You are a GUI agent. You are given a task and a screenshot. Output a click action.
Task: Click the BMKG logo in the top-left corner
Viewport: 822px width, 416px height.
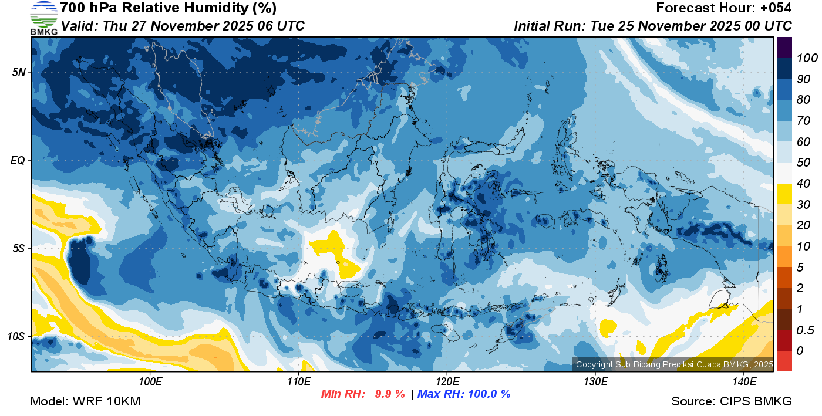[43, 18]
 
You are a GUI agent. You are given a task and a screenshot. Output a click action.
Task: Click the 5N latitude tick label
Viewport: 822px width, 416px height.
[18, 72]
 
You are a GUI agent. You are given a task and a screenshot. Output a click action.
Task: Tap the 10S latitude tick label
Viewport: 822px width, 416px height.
[16, 337]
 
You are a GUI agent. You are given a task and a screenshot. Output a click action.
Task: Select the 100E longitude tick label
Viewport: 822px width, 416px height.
[150, 383]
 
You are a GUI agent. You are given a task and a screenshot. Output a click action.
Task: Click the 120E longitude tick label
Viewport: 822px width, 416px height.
[447, 383]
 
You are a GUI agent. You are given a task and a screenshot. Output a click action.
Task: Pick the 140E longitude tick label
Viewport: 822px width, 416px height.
[744, 383]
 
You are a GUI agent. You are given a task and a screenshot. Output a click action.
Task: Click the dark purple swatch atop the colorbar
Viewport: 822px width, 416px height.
[784, 47]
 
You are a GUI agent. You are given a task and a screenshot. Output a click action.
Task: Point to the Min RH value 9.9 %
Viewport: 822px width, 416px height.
[390, 394]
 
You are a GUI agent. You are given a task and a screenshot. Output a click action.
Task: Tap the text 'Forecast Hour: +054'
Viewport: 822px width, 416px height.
[723, 8]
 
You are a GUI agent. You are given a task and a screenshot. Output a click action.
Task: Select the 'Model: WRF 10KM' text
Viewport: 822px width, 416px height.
[85, 401]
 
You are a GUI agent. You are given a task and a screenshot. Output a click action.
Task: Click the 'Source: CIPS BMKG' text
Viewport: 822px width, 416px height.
[732, 401]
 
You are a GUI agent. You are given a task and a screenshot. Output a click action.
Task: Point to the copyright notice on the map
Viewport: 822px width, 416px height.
[674, 364]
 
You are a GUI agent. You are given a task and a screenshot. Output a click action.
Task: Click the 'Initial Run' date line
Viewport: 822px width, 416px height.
[653, 26]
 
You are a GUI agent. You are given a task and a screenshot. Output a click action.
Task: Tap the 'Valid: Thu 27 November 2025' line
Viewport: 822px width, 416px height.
[183, 26]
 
